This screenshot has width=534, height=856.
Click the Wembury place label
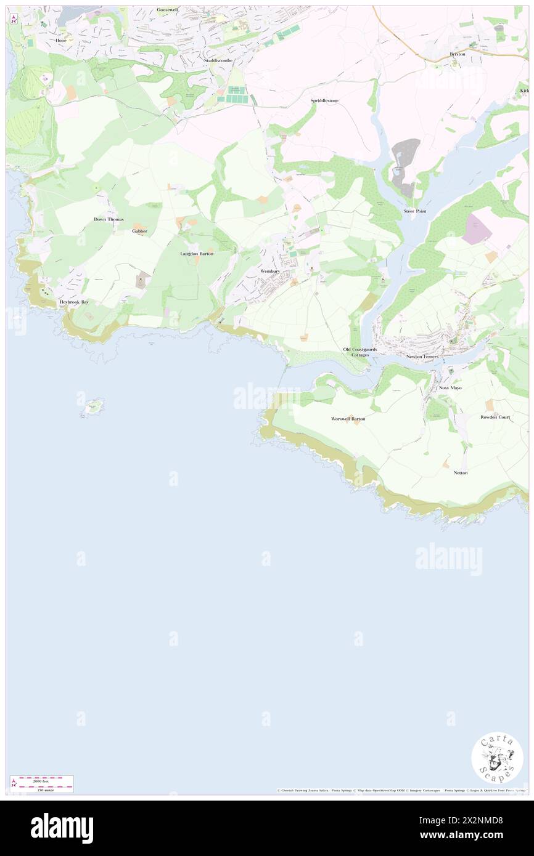270,271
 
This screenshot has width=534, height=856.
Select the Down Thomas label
109,219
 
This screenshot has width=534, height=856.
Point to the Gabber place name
140,231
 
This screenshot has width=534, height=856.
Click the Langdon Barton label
197,253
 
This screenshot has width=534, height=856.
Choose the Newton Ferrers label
422,357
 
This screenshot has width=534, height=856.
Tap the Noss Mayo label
450,388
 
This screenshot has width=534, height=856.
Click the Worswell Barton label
348,419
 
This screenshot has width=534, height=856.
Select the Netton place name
461,472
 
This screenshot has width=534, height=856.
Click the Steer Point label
415,211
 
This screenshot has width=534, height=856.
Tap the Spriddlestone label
324,100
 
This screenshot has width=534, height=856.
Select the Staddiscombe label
218,60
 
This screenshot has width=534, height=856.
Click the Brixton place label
458,54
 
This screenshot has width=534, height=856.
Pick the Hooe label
60,40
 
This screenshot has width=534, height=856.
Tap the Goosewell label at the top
166,10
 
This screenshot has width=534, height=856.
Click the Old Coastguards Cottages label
360,352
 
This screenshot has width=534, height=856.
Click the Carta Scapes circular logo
497,759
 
